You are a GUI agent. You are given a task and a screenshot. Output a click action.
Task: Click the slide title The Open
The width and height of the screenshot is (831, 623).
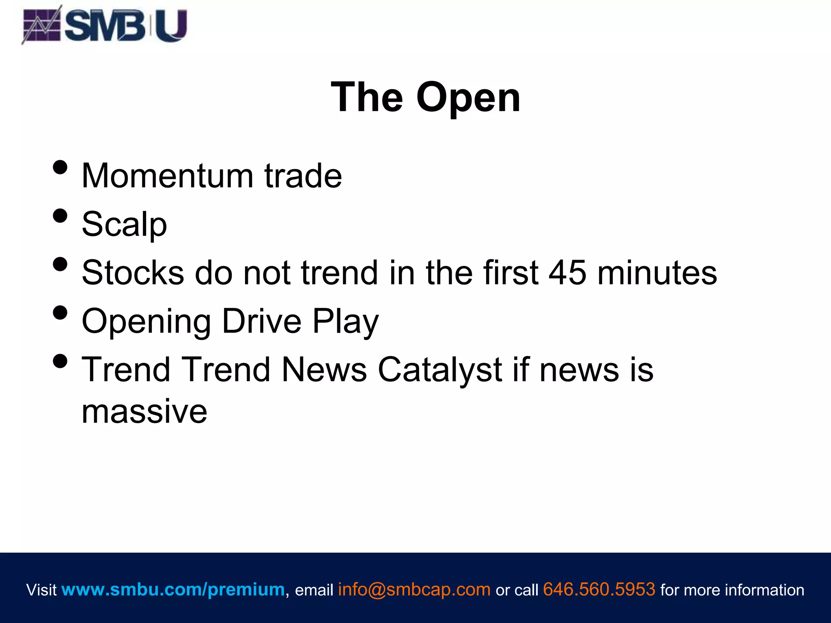[425, 97]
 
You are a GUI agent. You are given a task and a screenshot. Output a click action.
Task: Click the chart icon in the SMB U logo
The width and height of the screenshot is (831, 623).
[42, 25]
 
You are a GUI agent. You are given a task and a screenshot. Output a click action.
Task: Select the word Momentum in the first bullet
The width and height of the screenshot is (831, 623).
[168, 176]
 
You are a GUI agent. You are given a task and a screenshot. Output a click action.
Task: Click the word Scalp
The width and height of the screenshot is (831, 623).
[124, 224]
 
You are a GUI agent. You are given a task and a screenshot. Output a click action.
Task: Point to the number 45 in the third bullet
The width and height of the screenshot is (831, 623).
[567, 273]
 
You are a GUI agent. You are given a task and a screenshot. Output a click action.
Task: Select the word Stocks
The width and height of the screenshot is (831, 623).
[133, 273]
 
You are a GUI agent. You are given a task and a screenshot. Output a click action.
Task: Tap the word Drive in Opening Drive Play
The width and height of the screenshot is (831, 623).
[262, 321]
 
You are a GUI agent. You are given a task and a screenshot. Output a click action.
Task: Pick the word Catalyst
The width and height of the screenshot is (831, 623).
[440, 370]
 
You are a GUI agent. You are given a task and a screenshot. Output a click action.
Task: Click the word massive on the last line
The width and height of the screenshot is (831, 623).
[144, 411]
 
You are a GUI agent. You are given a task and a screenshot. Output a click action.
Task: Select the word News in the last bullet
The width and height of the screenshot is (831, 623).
[324, 370]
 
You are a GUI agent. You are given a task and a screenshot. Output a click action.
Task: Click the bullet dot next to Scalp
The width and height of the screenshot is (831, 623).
[60, 216]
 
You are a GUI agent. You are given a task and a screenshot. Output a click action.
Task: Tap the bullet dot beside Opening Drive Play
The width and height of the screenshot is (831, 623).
[60, 313]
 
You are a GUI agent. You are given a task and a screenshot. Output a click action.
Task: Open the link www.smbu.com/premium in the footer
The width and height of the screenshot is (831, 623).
[173, 589]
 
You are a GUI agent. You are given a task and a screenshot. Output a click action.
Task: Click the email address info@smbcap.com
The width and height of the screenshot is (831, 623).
[414, 589]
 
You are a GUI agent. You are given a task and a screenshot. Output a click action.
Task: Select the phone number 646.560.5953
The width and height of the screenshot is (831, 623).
[599, 589]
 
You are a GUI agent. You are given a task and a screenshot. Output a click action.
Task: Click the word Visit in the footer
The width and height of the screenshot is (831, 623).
[41, 590]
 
